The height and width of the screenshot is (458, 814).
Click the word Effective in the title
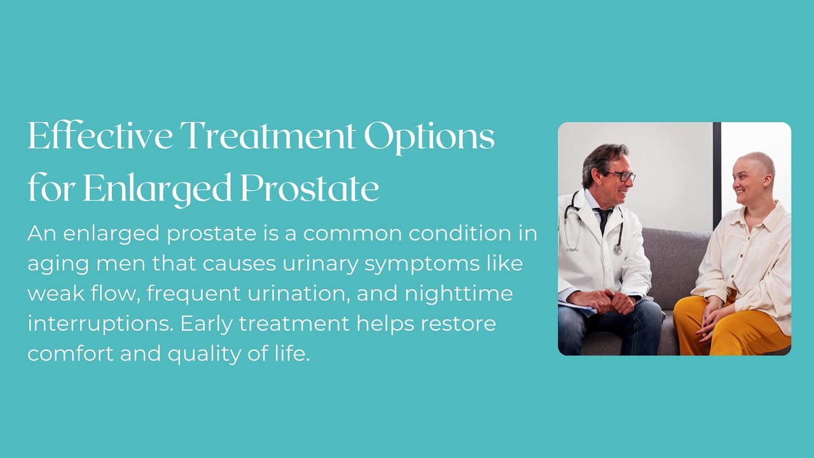(x=100, y=135)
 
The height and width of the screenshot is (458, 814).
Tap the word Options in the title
(x=429, y=138)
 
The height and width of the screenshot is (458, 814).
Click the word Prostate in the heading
(x=310, y=188)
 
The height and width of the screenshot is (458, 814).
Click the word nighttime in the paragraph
(x=459, y=295)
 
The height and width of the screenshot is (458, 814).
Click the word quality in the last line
(x=204, y=354)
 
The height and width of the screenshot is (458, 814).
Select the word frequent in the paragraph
(x=194, y=295)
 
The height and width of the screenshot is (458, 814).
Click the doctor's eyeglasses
(x=621, y=176)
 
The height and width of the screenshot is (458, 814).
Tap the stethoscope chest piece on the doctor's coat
(x=617, y=248)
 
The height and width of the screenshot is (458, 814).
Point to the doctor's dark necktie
(x=604, y=219)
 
